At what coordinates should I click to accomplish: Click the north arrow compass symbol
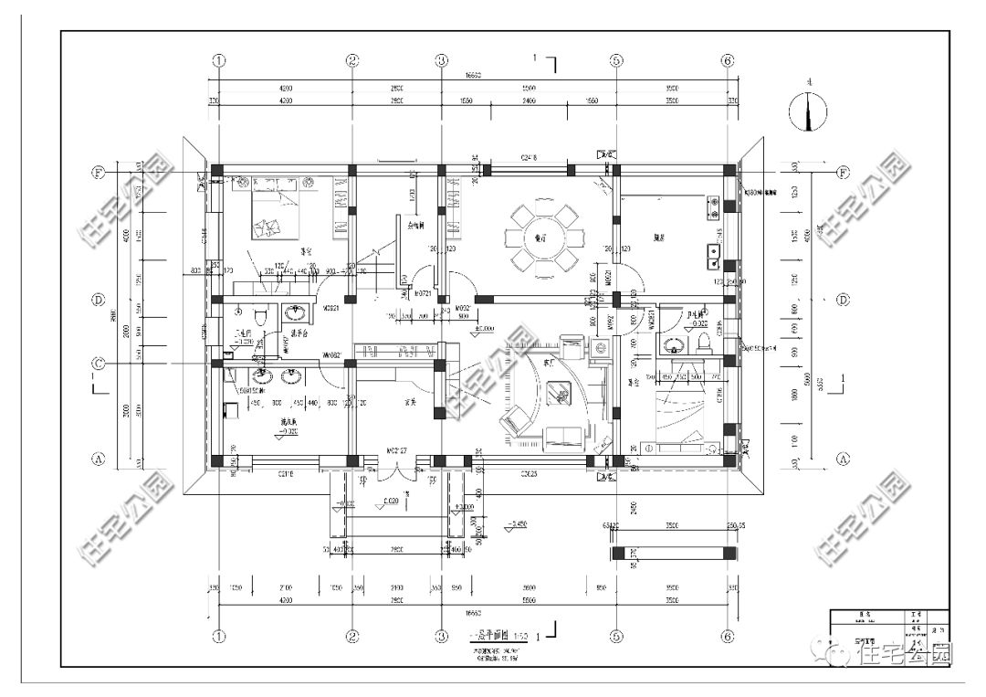pyautogui.click(x=807, y=110)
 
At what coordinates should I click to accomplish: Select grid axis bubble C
pyautogui.click(x=98, y=364)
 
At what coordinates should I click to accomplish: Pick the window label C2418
pyautogui.click(x=530, y=158)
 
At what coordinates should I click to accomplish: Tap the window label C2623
pyautogui.click(x=530, y=473)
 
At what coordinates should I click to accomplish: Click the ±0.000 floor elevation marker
pyautogui.click(x=483, y=328)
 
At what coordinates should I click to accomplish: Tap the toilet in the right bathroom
pyautogui.click(x=704, y=342)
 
